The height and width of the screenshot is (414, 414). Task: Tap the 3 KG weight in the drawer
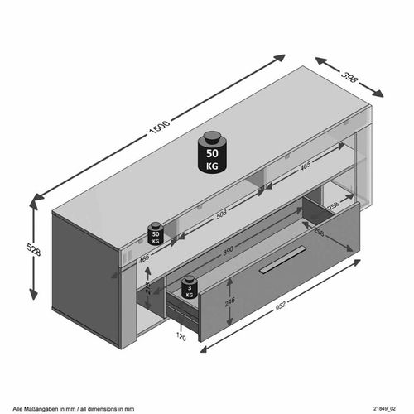pyautogui.click(x=190, y=286)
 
